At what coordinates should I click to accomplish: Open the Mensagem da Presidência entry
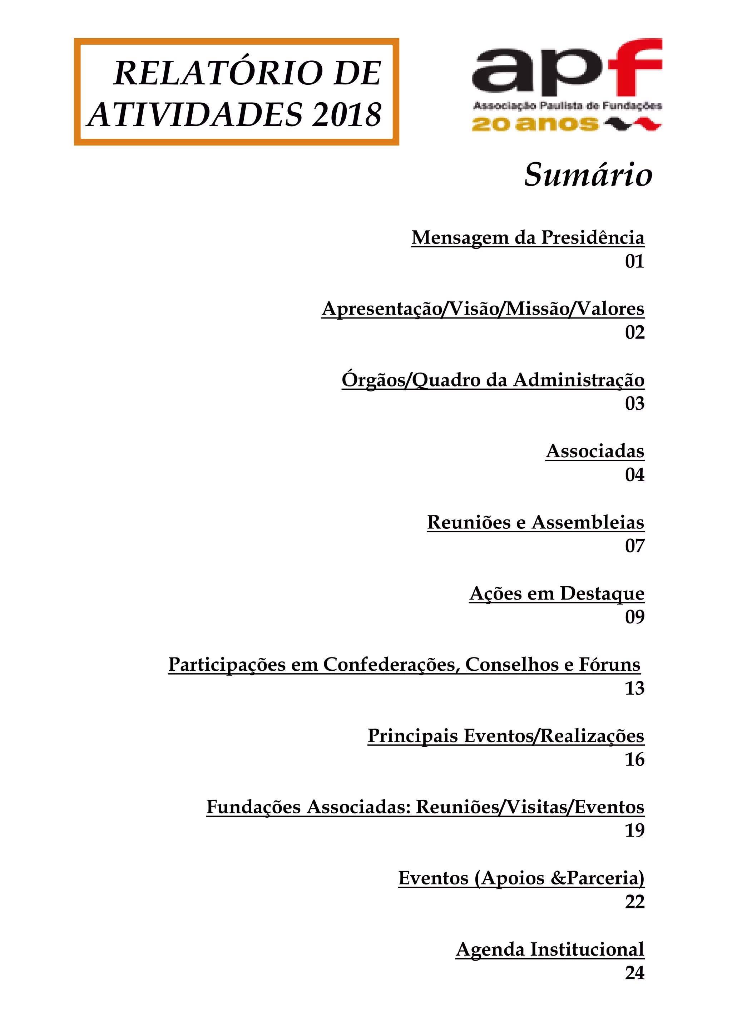[527, 237]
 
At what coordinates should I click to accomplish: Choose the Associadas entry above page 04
[595, 451]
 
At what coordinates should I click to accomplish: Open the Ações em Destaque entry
[557, 594]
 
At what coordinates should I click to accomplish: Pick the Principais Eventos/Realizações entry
[506, 736]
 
